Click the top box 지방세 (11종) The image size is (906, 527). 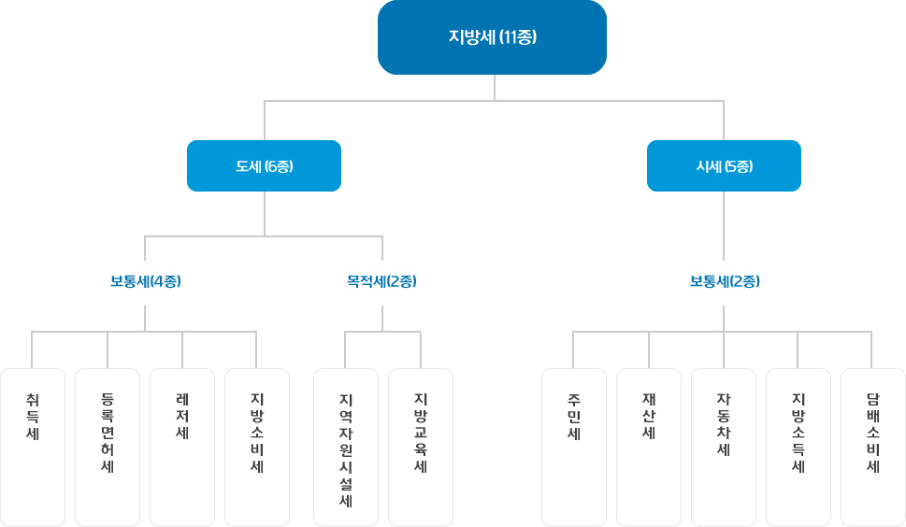[493, 37]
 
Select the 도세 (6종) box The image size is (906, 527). [264, 165]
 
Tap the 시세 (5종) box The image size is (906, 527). [724, 165]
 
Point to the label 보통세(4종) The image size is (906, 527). [146, 281]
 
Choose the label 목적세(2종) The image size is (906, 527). [381, 281]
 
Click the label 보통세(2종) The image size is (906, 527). [725, 281]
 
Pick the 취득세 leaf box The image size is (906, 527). [33, 448]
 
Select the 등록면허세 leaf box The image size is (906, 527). [108, 448]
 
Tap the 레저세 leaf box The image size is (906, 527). [182, 448]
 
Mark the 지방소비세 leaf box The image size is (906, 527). [257, 448]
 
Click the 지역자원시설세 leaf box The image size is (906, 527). [346, 448]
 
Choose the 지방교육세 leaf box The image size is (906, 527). [421, 448]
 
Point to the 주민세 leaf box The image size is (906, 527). [574, 448]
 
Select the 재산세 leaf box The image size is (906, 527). [649, 448]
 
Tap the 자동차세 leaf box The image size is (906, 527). [724, 448]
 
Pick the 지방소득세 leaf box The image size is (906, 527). [798, 448]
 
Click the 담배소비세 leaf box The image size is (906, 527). [873, 448]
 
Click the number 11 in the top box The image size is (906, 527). [509, 37]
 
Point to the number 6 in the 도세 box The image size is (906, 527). [272, 166]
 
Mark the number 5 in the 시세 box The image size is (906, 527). [732, 166]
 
